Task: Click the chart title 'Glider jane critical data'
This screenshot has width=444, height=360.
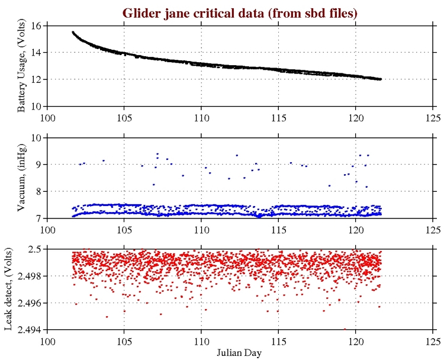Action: [x=240, y=12]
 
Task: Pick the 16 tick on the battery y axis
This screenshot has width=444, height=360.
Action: [x=35, y=25]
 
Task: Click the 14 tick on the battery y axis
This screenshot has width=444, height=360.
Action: [x=35, y=52]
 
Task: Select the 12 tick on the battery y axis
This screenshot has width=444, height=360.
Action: [x=35, y=79]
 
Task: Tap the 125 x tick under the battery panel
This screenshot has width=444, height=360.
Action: [x=432, y=116]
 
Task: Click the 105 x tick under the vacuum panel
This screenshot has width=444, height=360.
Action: [x=124, y=228]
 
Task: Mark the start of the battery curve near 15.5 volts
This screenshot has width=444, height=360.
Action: [x=73, y=32]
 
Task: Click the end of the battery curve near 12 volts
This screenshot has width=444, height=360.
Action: [x=380, y=79]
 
